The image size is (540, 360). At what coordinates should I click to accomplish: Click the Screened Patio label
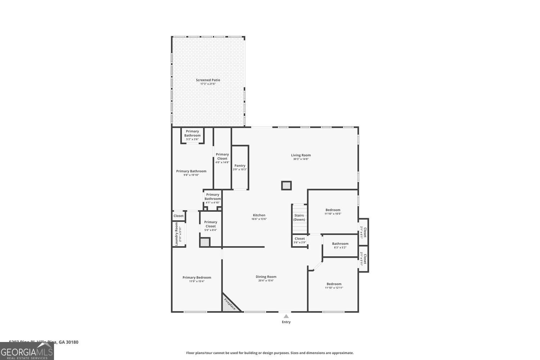click(208, 80)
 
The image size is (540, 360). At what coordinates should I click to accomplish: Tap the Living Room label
click(301, 156)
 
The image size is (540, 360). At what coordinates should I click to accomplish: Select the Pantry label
click(240, 166)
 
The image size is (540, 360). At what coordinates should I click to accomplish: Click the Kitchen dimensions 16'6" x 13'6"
click(259, 219)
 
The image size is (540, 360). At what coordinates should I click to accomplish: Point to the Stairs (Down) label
click(299, 217)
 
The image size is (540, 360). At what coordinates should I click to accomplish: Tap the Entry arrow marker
click(286, 316)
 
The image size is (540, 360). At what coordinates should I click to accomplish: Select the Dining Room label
click(266, 277)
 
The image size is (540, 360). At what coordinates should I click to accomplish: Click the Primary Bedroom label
click(197, 278)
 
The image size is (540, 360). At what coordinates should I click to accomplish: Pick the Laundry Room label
click(177, 234)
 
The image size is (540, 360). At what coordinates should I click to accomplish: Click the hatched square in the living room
click(286, 186)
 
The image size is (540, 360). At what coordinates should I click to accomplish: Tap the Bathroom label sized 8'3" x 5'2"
click(340, 244)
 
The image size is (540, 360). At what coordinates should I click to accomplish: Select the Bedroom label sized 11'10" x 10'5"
click(333, 210)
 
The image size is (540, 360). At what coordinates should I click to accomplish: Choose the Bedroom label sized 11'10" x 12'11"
click(334, 284)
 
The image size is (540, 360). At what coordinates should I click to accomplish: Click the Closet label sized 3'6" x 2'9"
click(300, 239)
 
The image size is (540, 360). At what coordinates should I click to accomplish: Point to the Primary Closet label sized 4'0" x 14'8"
click(222, 156)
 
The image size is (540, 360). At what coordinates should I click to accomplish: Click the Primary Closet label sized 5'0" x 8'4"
click(211, 224)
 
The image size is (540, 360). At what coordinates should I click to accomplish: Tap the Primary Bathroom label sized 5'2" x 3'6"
click(192, 133)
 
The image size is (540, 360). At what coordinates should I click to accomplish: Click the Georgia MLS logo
click(27, 351)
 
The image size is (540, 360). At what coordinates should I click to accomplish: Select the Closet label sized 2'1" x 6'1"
click(364, 232)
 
